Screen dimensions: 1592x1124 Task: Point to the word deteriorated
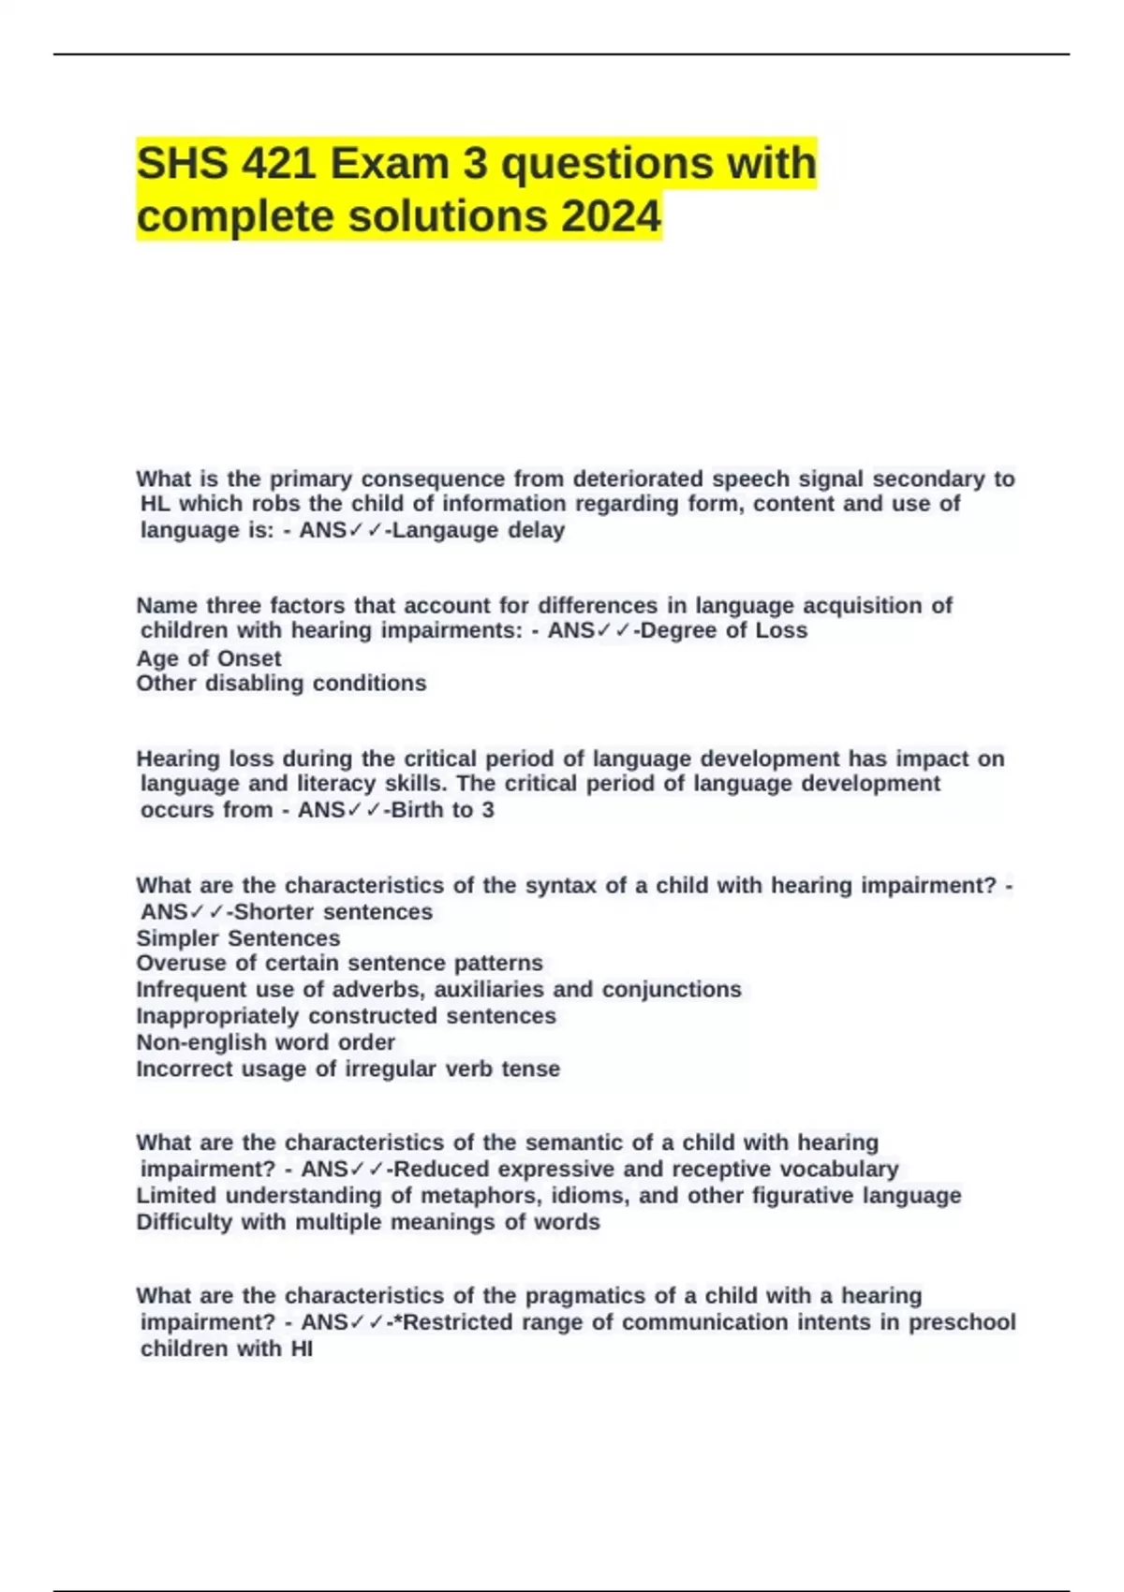[x=637, y=479]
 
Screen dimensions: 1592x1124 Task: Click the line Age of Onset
[x=208, y=657]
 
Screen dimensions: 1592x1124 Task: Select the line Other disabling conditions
[x=281, y=683]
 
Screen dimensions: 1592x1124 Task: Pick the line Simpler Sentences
[x=238, y=937]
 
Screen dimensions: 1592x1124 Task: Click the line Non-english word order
[x=265, y=1041]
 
